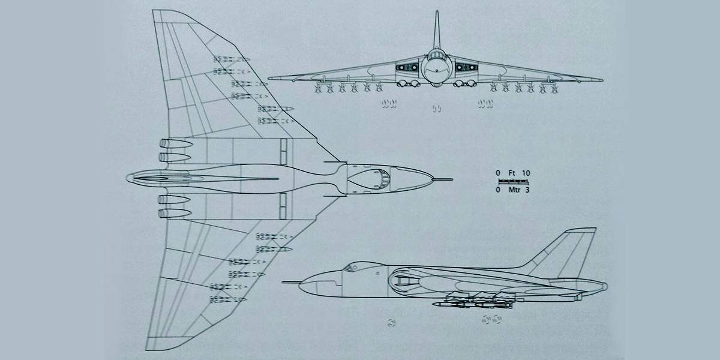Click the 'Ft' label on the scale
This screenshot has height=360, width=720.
(x=512, y=173)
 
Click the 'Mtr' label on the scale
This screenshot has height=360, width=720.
(x=512, y=190)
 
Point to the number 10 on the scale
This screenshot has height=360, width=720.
(x=526, y=173)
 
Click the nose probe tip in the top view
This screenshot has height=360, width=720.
(x=452, y=179)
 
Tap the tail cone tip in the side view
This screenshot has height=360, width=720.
(x=605, y=286)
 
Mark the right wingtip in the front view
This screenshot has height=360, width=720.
(x=602, y=79)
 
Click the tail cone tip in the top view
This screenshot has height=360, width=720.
(x=128, y=178)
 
